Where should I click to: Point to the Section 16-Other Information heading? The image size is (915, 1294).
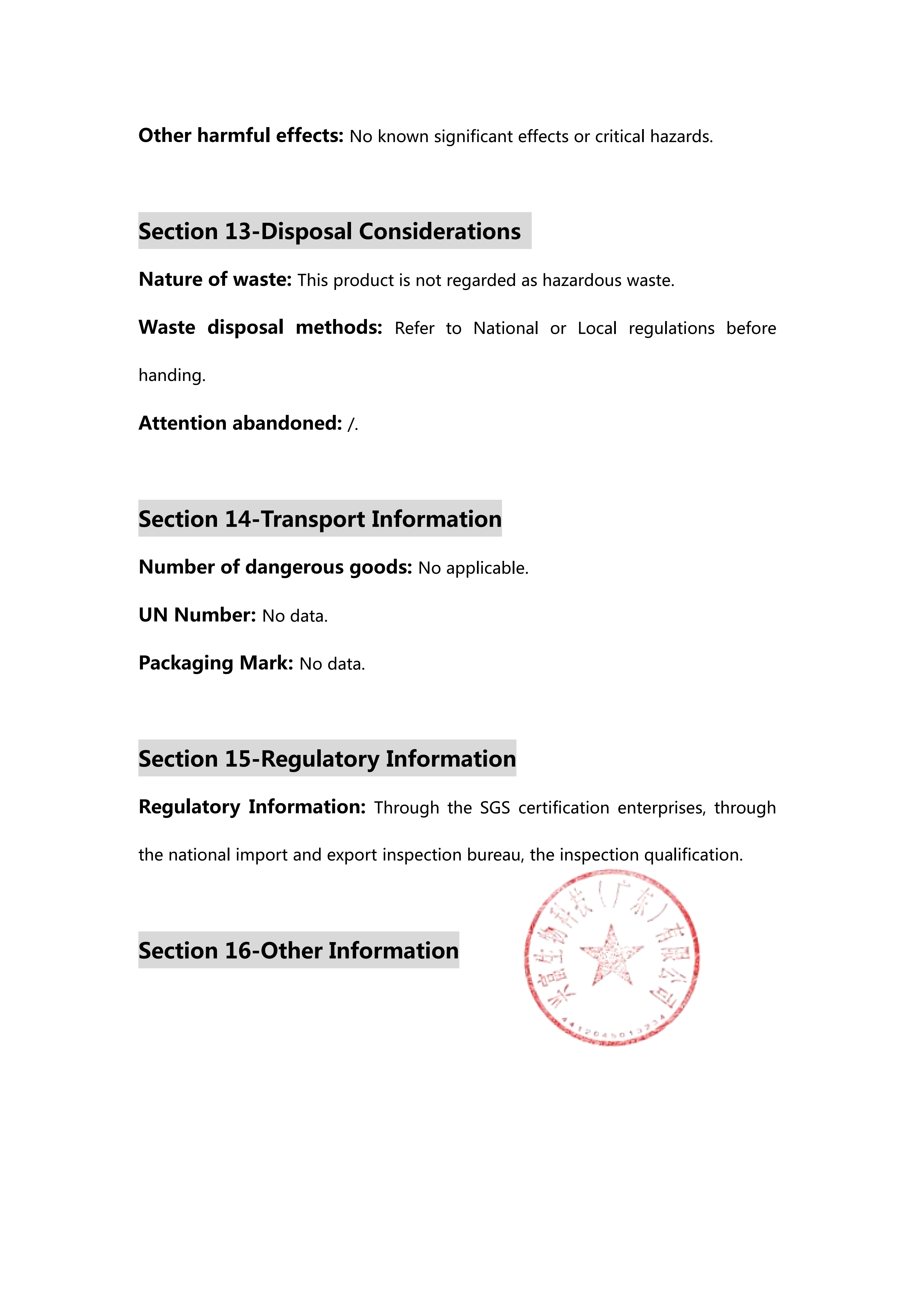[299, 950]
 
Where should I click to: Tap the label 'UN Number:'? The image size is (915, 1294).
[197, 615]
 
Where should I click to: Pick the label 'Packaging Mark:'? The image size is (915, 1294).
[216, 663]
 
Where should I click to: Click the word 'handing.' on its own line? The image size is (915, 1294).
[172, 375]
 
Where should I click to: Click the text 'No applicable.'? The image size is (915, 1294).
[473, 568]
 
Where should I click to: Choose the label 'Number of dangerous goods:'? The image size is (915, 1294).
[276, 567]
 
